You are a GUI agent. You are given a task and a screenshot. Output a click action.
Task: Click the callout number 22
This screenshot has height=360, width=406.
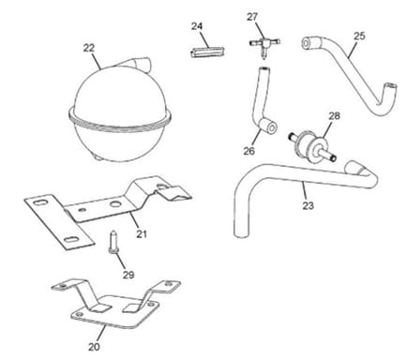(x=89, y=48)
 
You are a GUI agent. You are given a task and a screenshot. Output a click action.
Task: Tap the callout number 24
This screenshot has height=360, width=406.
(x=197, y=26)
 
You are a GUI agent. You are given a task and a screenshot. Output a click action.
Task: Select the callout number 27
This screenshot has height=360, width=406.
(x=252, y=17)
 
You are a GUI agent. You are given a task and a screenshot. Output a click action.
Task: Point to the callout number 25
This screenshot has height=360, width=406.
(x=359, y=36)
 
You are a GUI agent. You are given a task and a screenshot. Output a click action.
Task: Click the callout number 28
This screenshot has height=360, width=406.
(x=334, y=116)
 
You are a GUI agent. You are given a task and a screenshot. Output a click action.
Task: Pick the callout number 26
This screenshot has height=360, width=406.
(x=249, y=151)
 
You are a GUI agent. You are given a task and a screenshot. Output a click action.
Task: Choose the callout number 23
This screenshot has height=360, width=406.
(x=308, y=205)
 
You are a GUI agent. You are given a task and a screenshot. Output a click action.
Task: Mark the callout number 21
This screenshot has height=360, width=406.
(x=142, y=233)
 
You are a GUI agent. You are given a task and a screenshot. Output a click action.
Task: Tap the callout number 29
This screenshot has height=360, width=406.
(x=128, y=275)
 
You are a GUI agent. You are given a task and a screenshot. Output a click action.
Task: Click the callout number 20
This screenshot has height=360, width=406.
(x=94, y=347)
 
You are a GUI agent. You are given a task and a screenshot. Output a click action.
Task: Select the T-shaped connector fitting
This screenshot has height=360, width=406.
(x=263, y=45)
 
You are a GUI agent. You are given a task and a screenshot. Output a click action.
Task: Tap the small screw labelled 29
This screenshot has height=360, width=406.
(x=113, y=242)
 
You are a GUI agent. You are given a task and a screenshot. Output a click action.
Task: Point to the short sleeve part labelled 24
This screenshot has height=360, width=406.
(x=207, y=52)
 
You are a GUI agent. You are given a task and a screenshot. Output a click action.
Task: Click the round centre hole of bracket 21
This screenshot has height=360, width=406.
(x=115, y=204)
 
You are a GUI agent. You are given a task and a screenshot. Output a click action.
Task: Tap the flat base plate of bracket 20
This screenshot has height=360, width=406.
(x=114, y=312)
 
